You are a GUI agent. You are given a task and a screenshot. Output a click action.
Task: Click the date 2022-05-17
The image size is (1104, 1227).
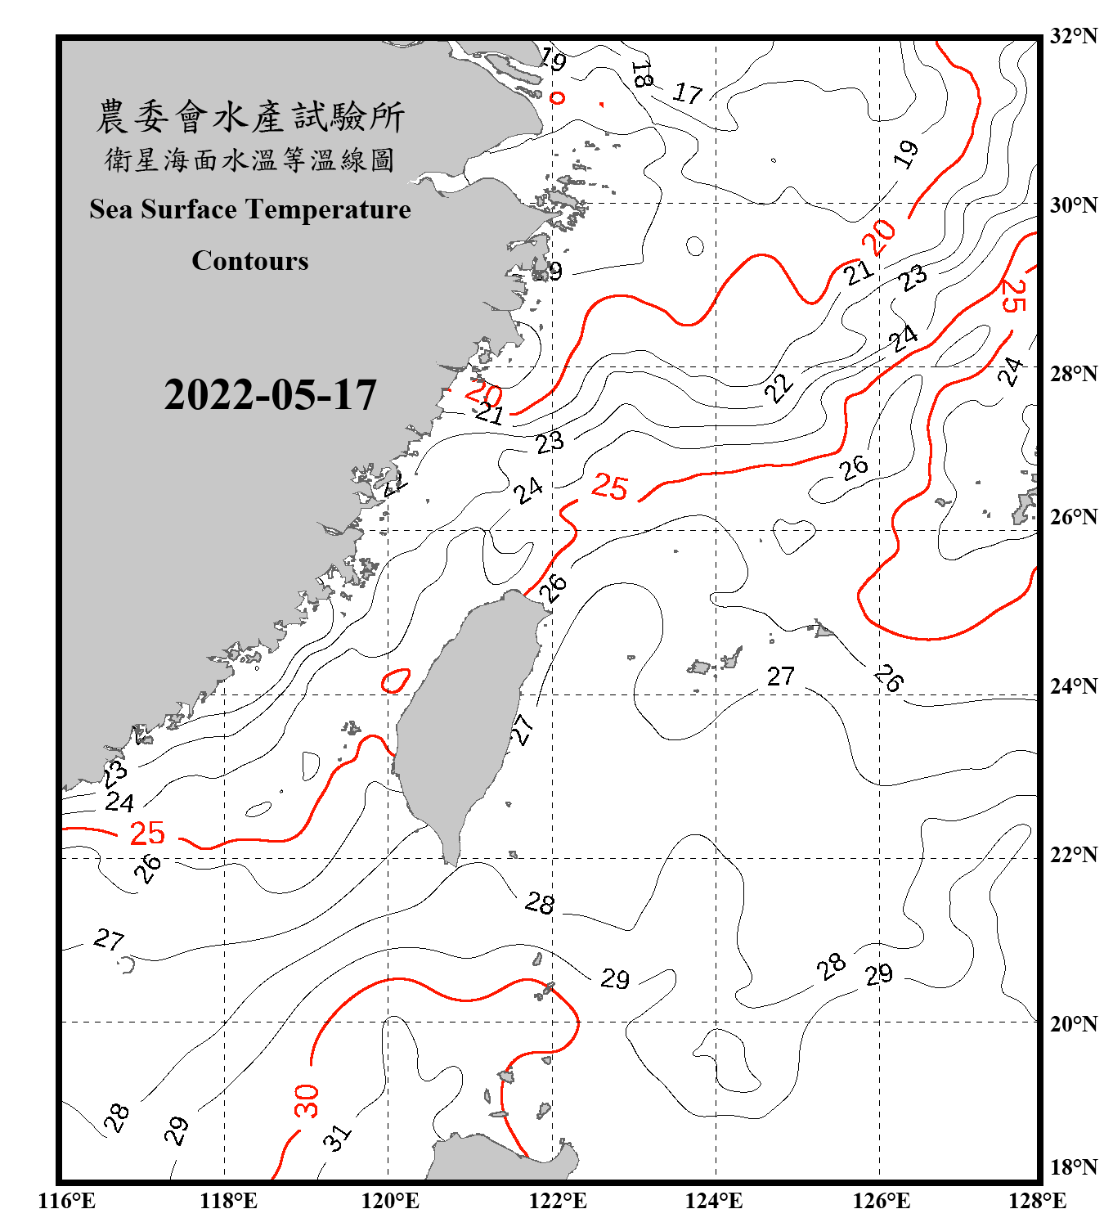tap(270, 395)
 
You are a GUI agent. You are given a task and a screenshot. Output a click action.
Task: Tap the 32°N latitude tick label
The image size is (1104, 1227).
tap(1073, 36)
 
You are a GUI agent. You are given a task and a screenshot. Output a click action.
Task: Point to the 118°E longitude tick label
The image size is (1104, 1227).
tap(228, 1201)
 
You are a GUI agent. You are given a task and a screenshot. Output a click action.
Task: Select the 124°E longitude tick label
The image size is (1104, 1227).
tap(714, 1201)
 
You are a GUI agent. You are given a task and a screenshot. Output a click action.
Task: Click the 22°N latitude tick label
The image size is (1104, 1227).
tap(1073, 855)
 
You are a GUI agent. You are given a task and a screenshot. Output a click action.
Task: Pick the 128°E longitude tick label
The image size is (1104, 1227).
tap(1037, 1201)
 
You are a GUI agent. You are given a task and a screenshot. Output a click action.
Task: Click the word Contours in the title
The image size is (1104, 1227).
tap(250, 261)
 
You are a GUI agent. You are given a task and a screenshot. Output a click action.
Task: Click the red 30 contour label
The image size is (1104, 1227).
tap(306, 1100)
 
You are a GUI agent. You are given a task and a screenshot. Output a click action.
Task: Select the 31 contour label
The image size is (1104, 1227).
tap(337, 1137)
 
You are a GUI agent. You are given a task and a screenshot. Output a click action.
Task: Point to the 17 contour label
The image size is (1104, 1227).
tap(687, 93)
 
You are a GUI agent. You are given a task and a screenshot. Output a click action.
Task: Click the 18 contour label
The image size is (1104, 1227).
tap(642, 75)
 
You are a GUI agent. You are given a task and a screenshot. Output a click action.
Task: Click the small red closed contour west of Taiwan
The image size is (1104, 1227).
tap(396, 681)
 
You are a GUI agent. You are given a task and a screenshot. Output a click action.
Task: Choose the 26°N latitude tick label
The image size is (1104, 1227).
tap(1073, 517)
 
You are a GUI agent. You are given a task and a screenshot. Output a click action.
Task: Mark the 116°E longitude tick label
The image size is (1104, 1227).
tap(67, 1201)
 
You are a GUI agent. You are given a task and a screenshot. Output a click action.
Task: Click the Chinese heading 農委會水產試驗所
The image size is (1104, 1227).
tap(250, 117)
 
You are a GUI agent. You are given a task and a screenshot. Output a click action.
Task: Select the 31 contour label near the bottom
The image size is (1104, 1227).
tap(337, 1137)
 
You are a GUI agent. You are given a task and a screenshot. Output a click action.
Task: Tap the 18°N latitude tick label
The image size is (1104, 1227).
tap(1073, 1167)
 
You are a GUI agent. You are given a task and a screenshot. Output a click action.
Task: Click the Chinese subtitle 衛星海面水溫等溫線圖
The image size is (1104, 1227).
tap(250, 160)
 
